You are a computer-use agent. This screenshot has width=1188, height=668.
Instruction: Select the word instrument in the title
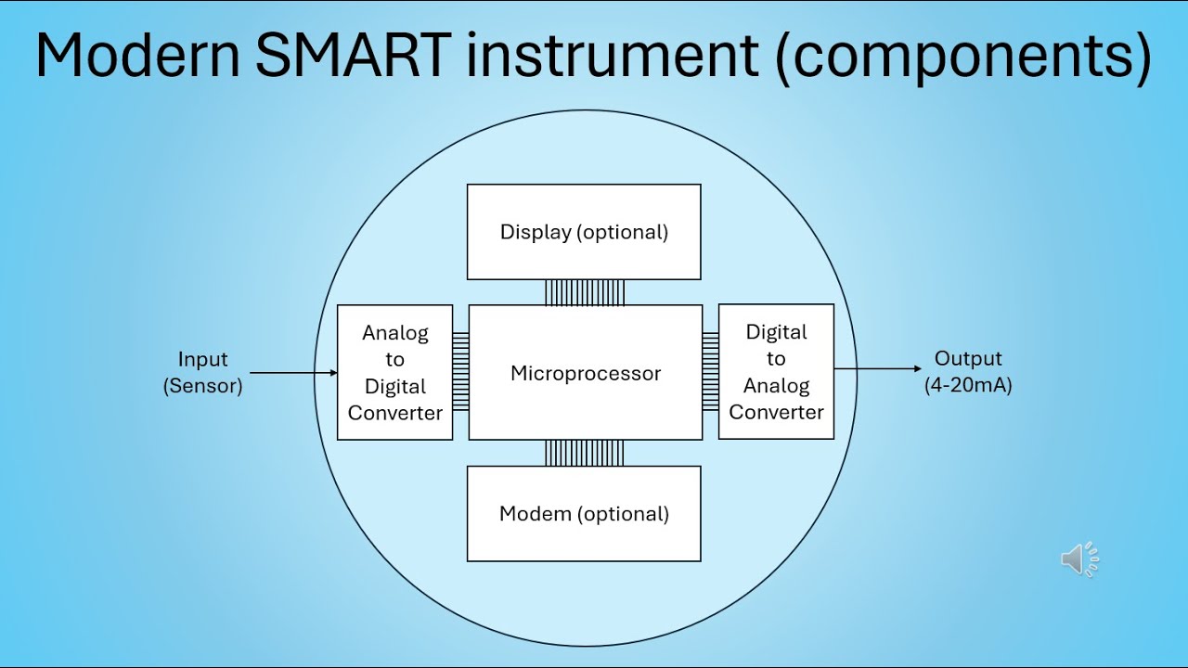(x=613, y=56)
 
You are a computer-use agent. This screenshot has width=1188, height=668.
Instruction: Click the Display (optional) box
(x=584, y=232)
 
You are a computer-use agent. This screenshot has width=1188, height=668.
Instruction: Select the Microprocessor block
(x=586, y=373)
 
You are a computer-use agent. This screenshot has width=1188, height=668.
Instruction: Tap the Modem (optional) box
(x=584, y=514)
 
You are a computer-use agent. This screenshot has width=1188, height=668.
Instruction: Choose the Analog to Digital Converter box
(x=395, y=373)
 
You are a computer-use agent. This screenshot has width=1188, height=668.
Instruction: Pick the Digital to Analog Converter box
(x=776, y=372)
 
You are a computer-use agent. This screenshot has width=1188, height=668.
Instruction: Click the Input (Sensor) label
(x=202, y=372)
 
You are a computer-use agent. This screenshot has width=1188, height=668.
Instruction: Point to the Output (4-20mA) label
(x=968, y=371)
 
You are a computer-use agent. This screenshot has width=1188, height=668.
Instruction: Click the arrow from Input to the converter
(x=293, y=373)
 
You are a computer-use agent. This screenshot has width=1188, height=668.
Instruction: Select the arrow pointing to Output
(x=878, y=369)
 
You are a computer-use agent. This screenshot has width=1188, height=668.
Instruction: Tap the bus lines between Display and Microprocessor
(x=584, y=292)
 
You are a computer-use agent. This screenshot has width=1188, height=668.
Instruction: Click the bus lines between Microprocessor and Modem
(x=584, y=453)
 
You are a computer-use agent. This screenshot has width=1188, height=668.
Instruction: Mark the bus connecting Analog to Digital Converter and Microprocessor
(x=460, y=372)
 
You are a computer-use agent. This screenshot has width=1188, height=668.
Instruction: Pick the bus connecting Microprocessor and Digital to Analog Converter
(x=710, y=371)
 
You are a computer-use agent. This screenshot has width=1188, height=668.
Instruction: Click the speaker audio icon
(x=1079, y=559)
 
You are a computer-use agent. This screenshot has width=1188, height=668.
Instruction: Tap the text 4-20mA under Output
(x=968, y=385)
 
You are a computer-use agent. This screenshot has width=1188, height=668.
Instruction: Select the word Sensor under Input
(x=202, y=386)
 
